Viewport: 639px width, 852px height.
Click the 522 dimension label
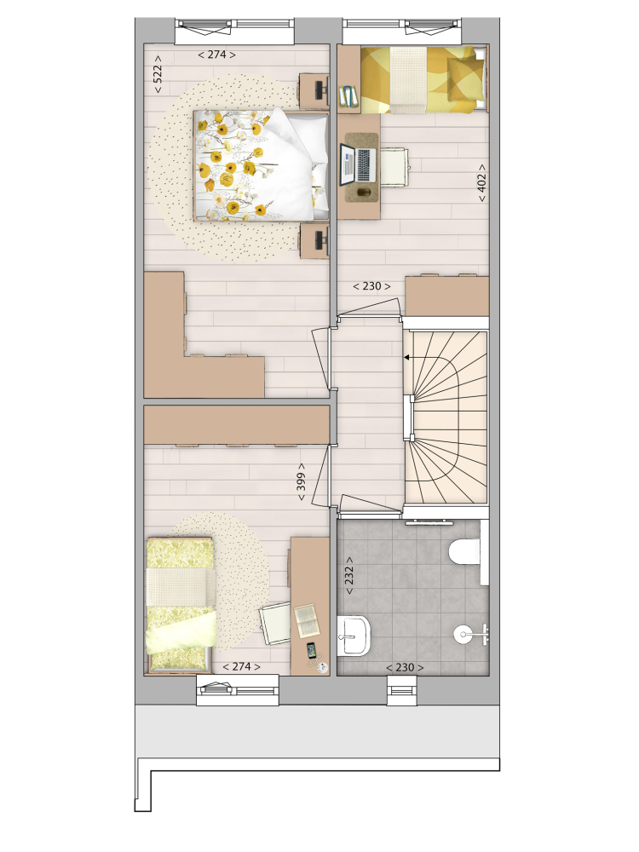[158, 74]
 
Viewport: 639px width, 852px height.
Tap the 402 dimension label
[481, 183]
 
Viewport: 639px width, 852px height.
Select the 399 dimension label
[301, 481]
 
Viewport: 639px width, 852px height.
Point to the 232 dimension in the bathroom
[348, 575]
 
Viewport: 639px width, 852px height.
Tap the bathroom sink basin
[354, 636]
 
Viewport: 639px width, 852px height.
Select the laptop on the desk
[359, 165]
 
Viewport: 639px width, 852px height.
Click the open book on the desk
[307, 620]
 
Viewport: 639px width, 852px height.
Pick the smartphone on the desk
[311, 650]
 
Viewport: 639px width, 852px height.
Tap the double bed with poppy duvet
[262, 166]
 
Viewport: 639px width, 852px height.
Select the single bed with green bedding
[181, 604]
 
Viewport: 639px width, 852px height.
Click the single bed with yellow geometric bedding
[423, 80]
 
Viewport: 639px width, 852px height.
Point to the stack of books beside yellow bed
[348, 97]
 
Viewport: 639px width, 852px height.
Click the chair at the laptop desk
[394, 167]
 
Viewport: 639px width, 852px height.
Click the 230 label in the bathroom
[405, 667]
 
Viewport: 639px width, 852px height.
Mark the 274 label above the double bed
[216, 55]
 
